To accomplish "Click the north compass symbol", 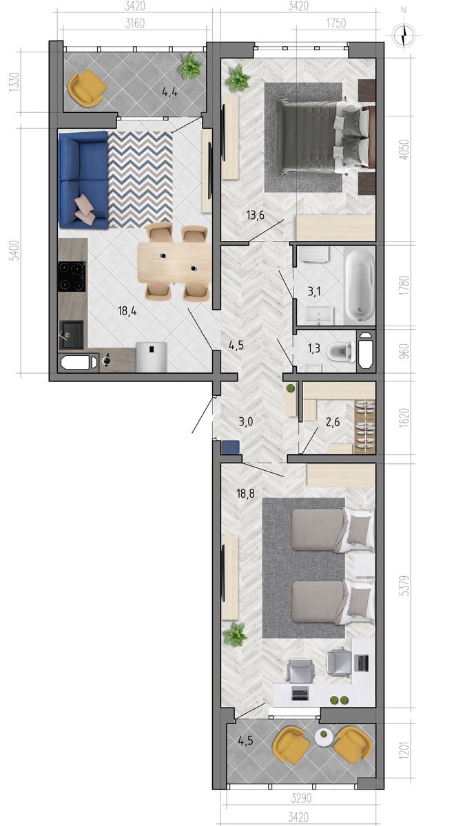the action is coord(404,35).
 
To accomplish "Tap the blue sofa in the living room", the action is coord(83,180).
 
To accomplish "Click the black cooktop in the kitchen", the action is coord(72,276).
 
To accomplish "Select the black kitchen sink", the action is coord(71,335).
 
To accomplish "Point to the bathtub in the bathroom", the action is coord(360,286).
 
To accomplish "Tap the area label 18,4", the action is coord(127,311).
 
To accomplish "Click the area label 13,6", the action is coord(256,215).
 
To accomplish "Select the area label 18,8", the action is coord(245,493).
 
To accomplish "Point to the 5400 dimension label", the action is coord(14,251).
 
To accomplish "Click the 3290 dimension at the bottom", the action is coord(301,798).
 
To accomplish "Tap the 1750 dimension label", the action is coord(336,23).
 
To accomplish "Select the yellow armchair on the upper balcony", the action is coord(87,89).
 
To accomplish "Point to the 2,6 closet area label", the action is coord(333,422).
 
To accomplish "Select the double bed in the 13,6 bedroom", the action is coord(322,136).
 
